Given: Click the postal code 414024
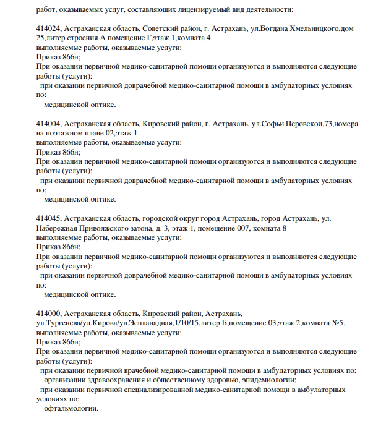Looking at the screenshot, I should coord(48,29).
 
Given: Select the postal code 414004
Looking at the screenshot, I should coord(48,124).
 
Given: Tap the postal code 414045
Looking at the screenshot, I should coord(48,219).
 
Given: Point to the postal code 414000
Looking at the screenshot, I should coord(48,314).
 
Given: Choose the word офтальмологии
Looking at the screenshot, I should coord(71,409).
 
